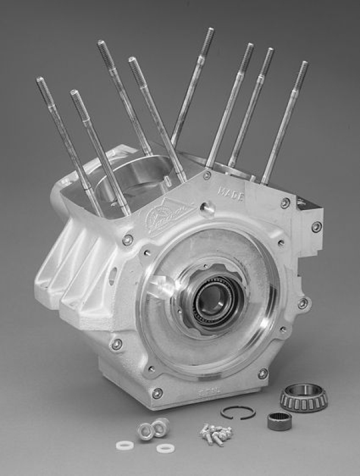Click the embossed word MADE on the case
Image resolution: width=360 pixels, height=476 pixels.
[231, 194]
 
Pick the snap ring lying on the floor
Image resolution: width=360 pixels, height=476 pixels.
[237, 412]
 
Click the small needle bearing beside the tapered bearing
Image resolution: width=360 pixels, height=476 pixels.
[278, 421]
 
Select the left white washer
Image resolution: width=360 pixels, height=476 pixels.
[125, 444]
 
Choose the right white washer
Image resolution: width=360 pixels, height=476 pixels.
[165, 447]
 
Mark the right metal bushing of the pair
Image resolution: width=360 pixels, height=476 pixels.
[160, 425]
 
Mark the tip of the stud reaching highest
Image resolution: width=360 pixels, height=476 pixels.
[209, 35]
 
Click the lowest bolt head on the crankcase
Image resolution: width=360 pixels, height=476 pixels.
[157, 393]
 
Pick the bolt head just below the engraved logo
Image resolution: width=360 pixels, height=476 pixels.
[127, 240]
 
